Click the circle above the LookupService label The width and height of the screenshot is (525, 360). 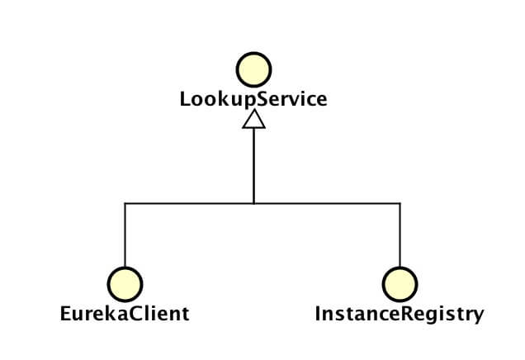click(253, 69)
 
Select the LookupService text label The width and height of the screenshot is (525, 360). click(253, 99)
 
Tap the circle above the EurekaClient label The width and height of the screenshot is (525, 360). click(125, 283)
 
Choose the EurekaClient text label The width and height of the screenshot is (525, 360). click(125, 314)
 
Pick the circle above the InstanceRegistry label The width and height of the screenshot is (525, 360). click(400, 283)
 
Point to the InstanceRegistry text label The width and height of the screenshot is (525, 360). click(400, 314)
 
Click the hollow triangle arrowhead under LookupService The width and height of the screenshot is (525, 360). click(253, 121)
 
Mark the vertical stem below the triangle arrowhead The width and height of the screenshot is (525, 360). click(253, 165)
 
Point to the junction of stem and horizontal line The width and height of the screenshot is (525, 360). click(253, 203)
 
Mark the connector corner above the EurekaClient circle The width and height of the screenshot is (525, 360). click(125, 203)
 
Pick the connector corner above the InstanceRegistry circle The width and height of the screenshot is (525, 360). click(400, 203)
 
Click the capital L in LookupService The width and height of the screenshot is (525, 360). click(186, 99)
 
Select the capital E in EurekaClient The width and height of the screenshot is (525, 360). click(66, 314)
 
